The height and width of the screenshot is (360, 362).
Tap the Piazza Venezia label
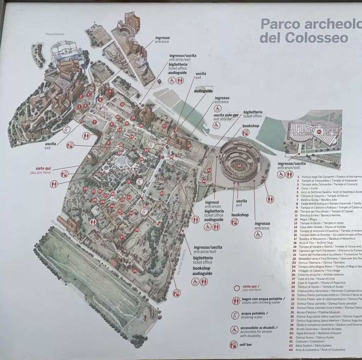click(55, 34)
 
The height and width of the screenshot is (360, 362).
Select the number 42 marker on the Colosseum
click(239, 166)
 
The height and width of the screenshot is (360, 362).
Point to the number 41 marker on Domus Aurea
click(319, 132)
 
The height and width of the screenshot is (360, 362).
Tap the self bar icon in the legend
click(233, 344)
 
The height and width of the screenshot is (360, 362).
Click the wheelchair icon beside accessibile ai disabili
click(234, 330)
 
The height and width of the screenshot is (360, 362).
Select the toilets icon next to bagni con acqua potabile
click(235, 301)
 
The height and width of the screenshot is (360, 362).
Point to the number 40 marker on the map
click(162, 193)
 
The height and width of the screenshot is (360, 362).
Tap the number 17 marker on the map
click(164, 126)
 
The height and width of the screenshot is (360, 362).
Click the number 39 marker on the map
click(135, 271)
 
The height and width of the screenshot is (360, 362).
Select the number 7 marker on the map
click(94, 122)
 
